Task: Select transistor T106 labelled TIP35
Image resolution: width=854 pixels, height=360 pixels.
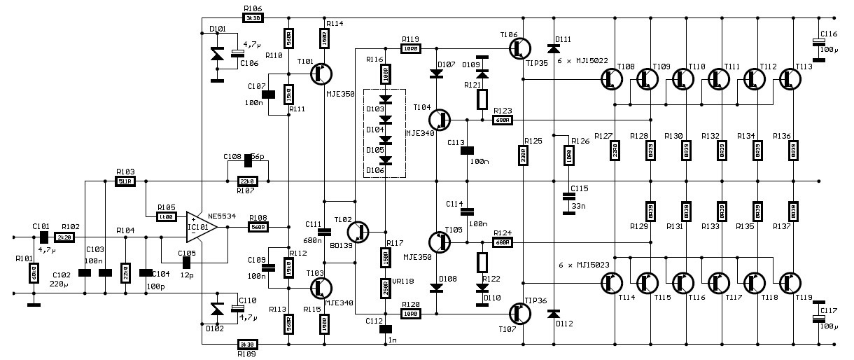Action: (519, 48)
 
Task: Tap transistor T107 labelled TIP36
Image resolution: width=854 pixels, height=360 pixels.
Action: (519, 314)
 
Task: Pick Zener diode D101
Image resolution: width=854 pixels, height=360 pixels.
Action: (218, 53)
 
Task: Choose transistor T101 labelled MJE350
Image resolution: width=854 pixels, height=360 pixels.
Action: (321, 73)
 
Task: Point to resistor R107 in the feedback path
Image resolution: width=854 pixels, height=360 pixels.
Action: (248, 181)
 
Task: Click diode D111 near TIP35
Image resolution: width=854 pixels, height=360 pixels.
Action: (554, 48)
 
